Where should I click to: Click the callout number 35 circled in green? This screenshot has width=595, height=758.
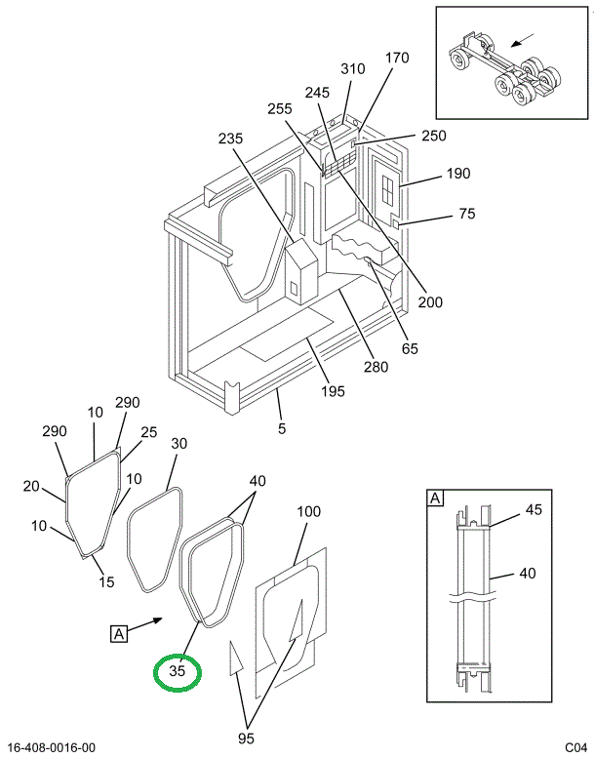pyautogui.click(x=178, y=671)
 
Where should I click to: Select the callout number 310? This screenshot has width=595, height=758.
pyautogui.click(x=353, y=69)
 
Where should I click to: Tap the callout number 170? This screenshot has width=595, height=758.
pyautogui.click(x=397, y=58)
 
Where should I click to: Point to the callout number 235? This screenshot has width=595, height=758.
pyautogui.click(x=230, y=139)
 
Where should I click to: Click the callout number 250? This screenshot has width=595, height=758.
pyautogui.click(x=433, y=136)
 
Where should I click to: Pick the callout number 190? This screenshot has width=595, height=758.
pyautogui.click(x=457, y=174)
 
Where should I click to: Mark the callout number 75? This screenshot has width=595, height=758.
pyautogui.click(x=467, y=214)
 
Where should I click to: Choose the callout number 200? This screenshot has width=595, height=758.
pyautogui.click(x=430, y=302)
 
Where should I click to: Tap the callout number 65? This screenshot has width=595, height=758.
pyautogui.click(x=410, y=348)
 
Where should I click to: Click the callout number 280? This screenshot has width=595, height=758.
pyautogui.click(x=377, y=368)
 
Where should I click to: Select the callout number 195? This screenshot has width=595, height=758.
pyautogui.click(x=333, y=391)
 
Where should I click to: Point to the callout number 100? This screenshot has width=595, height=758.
pyautogui.click(x=308, y=511)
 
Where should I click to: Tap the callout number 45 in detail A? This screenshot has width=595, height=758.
pyautogui.click(x=534, y=509)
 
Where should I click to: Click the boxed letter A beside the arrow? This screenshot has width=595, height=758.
pyautogui.click(x=119, y=634)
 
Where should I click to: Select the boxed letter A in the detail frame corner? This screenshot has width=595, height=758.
pyautogui.click(x=435, y=498)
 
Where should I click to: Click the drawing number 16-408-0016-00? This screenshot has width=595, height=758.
pyautogui.click(x=52, y=748)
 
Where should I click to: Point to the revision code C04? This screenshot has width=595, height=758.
pyautogui.click(x=576, y=748)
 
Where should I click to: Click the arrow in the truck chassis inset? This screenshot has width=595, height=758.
pyautogui.click(x=523, y=40)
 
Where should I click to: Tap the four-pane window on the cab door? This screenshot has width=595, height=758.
pyautogui.click(x=387, y=188)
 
